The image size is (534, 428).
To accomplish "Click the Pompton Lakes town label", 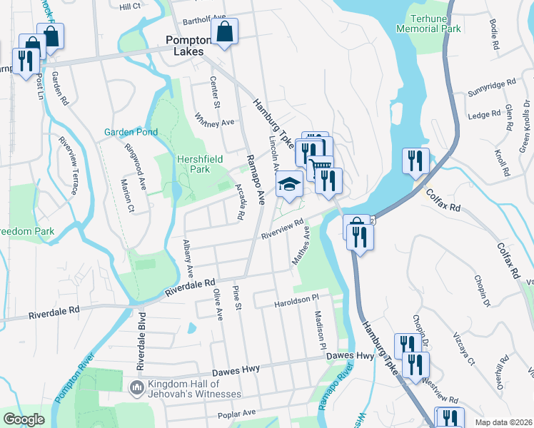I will coord(185,46).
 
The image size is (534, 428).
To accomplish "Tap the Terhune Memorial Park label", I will coord(431,23).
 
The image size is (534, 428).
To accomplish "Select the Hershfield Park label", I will coord(194,163).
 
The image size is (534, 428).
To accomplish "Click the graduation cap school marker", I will coord(291,184).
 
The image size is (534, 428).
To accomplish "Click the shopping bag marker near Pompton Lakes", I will coord(225,31).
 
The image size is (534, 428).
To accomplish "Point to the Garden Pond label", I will coord(131,132).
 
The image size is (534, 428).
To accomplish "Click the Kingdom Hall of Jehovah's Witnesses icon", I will coord(136,387).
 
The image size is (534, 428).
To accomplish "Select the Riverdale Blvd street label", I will coord(141,340).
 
